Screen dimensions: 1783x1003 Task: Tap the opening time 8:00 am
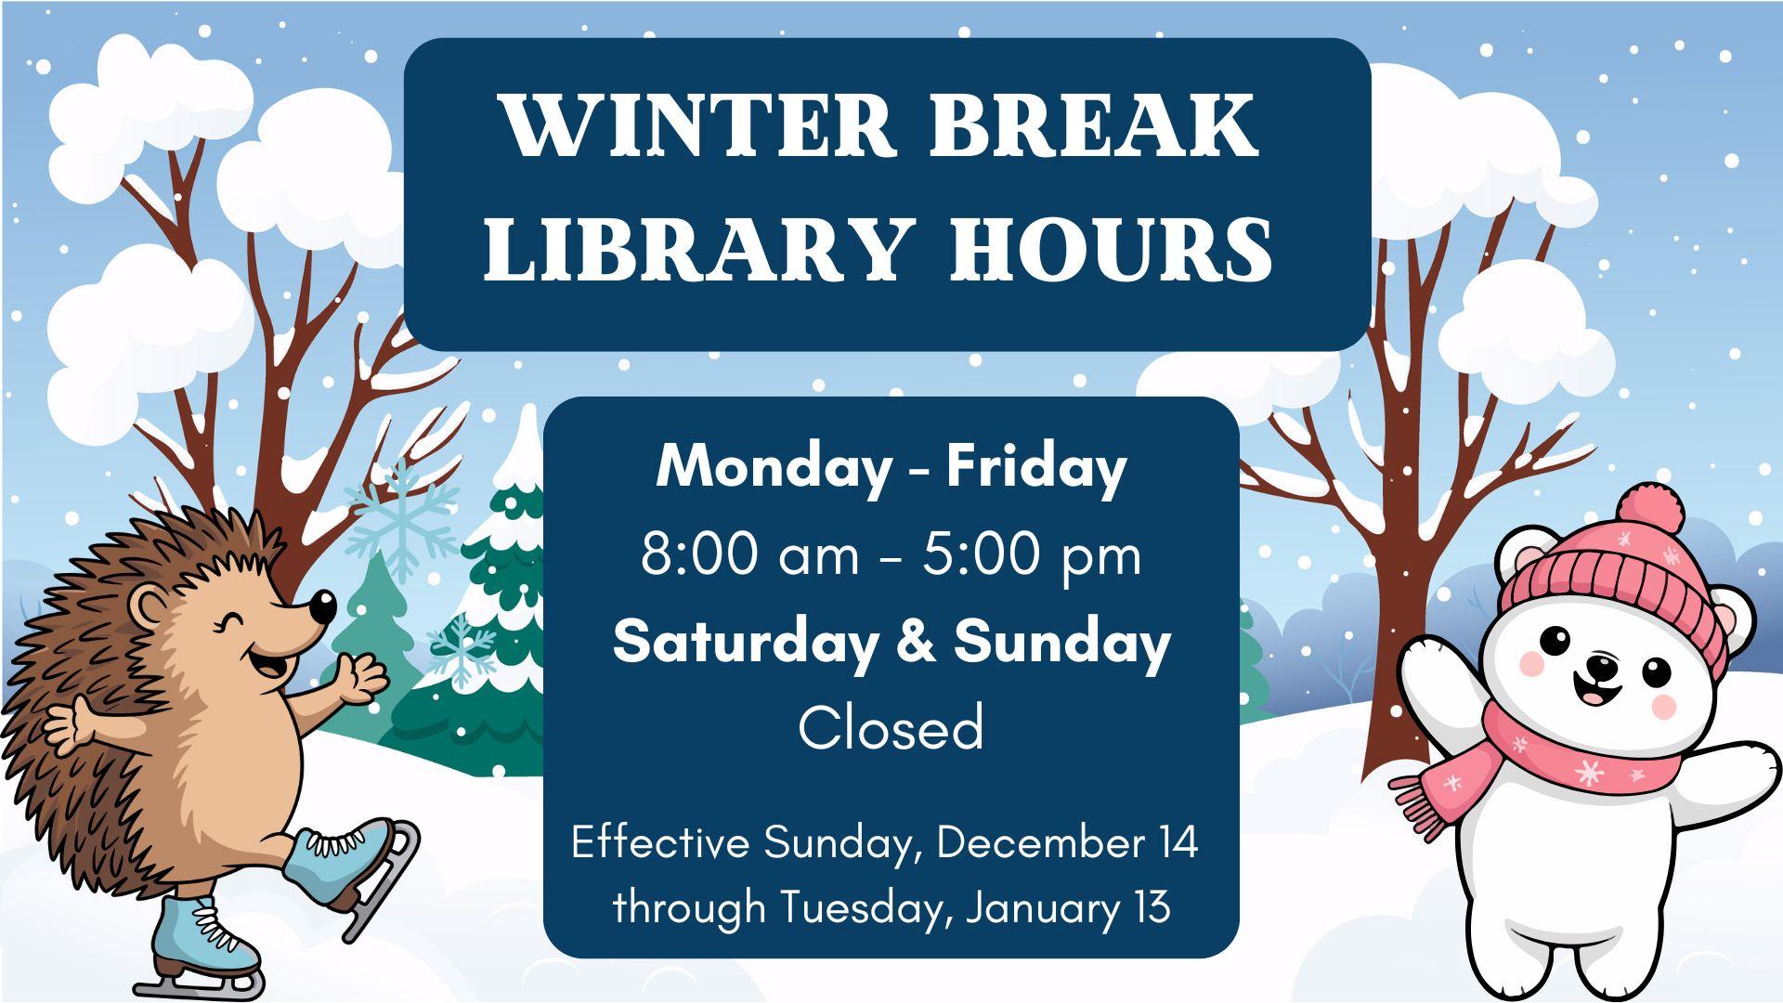[750, 556]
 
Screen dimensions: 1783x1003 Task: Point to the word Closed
[891, 727]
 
